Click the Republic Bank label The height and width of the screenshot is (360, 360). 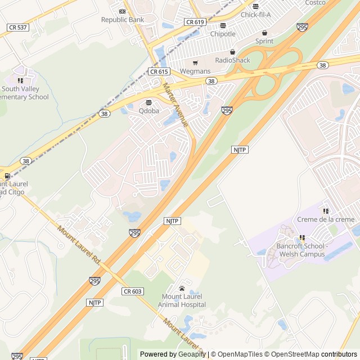coord(123,20)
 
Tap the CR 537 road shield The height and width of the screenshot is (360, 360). coord(18,27)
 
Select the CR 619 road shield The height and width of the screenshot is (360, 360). coord(195,22)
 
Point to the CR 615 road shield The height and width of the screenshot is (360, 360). coord(159,71)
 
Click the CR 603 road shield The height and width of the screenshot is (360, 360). coord(133,291)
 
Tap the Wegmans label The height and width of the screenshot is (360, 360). coord(195,71)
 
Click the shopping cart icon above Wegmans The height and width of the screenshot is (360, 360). coord(195,62)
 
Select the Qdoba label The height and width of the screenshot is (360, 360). coord(149,111)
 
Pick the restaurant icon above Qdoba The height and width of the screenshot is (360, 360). coord(149,102)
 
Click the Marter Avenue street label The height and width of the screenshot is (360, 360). coord(175,105)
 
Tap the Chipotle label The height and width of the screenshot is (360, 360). coord(223,34)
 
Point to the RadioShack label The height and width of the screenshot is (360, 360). coord(232,60)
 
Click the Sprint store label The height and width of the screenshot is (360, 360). coord(264,41)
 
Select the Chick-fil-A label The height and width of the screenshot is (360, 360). coord(256,15)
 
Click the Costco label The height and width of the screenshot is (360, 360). coord(316,3)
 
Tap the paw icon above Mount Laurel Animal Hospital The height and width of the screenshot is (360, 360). coord(182,288)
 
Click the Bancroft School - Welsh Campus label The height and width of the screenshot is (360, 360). coord(300,250)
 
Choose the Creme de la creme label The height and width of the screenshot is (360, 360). coord(326,219)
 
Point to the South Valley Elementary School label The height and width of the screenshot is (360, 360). coord(25,93)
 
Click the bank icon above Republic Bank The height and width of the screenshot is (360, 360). coord(123,11)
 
